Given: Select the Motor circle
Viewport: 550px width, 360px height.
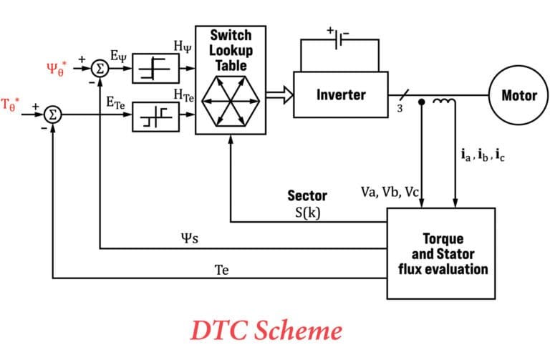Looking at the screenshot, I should click(x=518, y=95).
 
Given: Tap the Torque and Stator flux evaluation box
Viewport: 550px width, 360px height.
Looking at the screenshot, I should click(x=441, y=253).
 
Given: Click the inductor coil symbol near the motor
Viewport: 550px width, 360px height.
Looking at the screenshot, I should click(x=444, y=104).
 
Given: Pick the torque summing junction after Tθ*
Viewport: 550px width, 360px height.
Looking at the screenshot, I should click(x=53, y=114).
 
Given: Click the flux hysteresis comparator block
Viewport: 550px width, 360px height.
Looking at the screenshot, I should click(x=155, y=69).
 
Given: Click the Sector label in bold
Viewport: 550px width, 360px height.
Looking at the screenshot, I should click(x=307, y=195).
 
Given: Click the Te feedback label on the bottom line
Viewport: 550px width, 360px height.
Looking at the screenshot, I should click(x=223, y=271).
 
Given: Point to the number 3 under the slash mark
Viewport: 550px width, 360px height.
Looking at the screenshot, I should click(x=400, y=110).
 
